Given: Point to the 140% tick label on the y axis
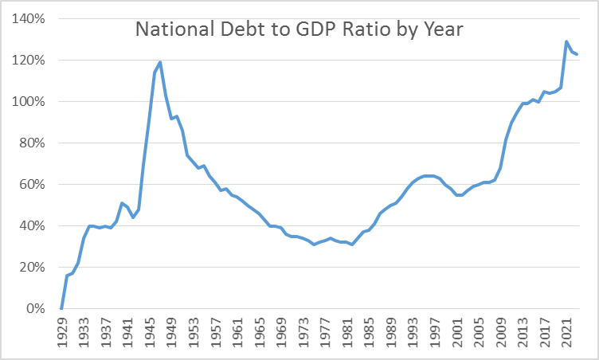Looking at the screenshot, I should click(x=28, y=19).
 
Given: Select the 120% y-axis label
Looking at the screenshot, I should click(x=28, y=61).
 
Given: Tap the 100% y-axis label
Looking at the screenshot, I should click(x=28, y=102).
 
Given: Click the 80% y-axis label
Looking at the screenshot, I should click(x=31, y=143).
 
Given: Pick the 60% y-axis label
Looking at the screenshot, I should click(x=31, y=185).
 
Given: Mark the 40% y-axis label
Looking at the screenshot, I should click(x=31, y=226).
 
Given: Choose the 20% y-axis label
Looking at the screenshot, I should click(x=31, y=268).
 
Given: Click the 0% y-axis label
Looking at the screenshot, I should click(x=34, y=309).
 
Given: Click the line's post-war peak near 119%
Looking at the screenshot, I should click(x=160, y=62).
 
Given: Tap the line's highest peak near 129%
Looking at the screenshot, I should click(x=566, y=41).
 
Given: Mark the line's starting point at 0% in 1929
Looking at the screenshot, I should click(x=61, y=308).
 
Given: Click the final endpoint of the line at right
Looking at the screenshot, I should click(x=577, y=54).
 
